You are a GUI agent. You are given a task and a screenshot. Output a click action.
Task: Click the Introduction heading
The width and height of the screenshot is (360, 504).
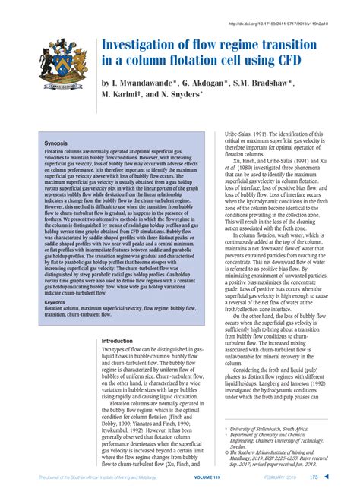pos(122,341)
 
